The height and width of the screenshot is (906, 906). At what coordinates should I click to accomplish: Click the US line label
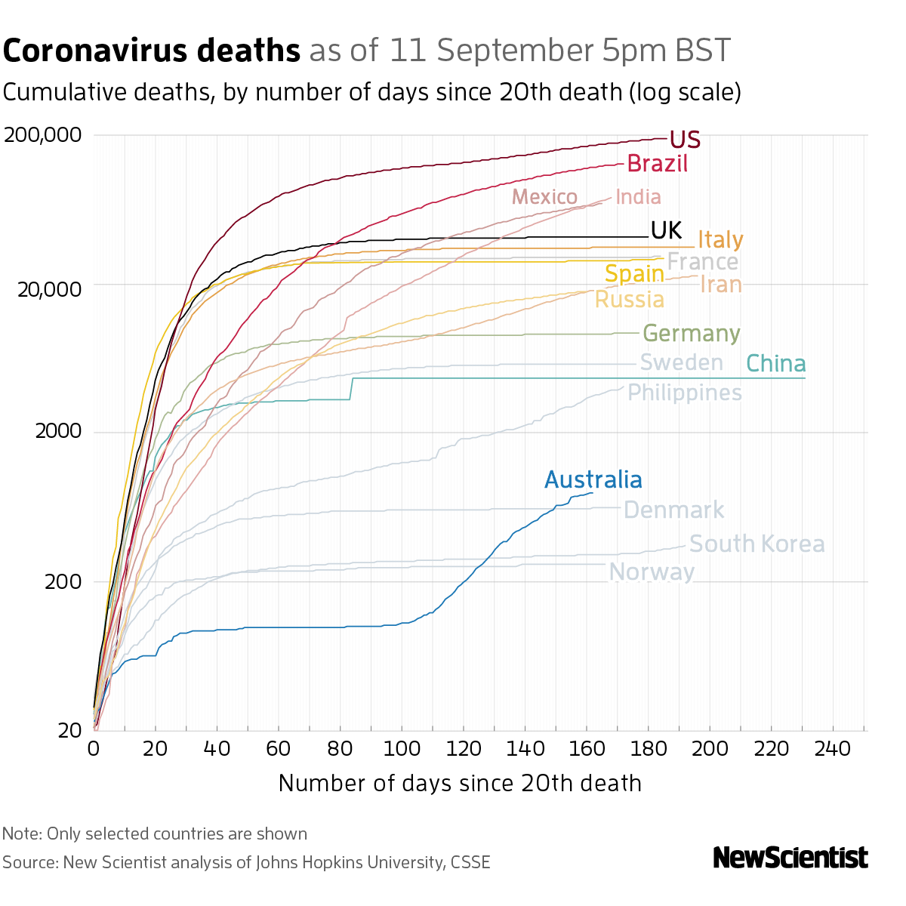(685, 140)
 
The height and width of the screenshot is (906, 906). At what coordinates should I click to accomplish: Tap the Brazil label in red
(657, 164)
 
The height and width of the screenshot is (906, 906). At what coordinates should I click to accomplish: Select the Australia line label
(593, 480)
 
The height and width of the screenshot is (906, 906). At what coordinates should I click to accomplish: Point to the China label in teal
(775, 364)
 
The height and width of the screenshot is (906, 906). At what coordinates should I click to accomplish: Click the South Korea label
(757, 544)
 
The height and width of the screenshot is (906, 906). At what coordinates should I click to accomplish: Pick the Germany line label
(691, 334)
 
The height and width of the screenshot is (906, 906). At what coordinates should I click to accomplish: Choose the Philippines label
(685, 393)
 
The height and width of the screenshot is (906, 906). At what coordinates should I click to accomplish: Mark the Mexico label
(544, 197)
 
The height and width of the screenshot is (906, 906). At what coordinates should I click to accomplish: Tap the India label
(638, 197)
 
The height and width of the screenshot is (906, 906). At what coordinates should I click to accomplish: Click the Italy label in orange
(720, 240)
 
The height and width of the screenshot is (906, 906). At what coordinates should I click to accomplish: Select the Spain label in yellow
(634, 273)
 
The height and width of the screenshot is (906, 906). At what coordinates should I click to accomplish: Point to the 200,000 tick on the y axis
(42, 136)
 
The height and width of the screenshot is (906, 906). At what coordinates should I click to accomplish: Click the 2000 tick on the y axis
(57, 433)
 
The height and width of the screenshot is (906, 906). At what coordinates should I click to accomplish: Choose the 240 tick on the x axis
(833, 748)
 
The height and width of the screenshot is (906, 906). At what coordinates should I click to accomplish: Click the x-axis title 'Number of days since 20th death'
(460, 783)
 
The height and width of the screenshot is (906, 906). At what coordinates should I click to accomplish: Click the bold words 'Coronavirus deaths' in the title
(152, 51)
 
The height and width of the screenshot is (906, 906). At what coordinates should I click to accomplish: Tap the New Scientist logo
(790, 858)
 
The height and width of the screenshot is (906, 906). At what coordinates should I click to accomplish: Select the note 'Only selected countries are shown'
(155, 834)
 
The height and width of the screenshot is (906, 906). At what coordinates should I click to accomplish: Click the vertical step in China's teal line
(352, 388)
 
